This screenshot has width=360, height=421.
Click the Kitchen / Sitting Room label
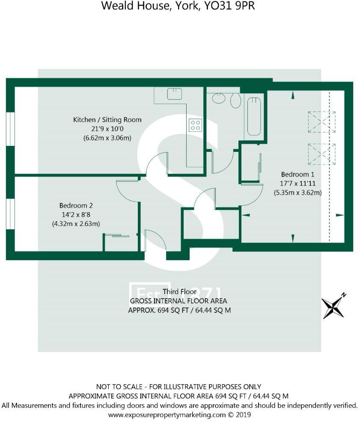point(107,119)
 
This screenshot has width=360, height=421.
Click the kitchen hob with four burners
point(195,125)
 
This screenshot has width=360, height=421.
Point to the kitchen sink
point(175,93)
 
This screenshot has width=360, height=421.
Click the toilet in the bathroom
point(235,101)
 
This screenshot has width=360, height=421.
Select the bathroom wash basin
point(219,98)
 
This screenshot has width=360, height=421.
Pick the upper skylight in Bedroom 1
point(321,122)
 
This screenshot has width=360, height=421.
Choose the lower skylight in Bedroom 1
point(321,154)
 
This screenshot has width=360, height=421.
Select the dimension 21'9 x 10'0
point(107,129)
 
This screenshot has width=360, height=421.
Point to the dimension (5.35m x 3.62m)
point(298,193)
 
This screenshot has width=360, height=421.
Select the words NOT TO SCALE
point(119,386)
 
